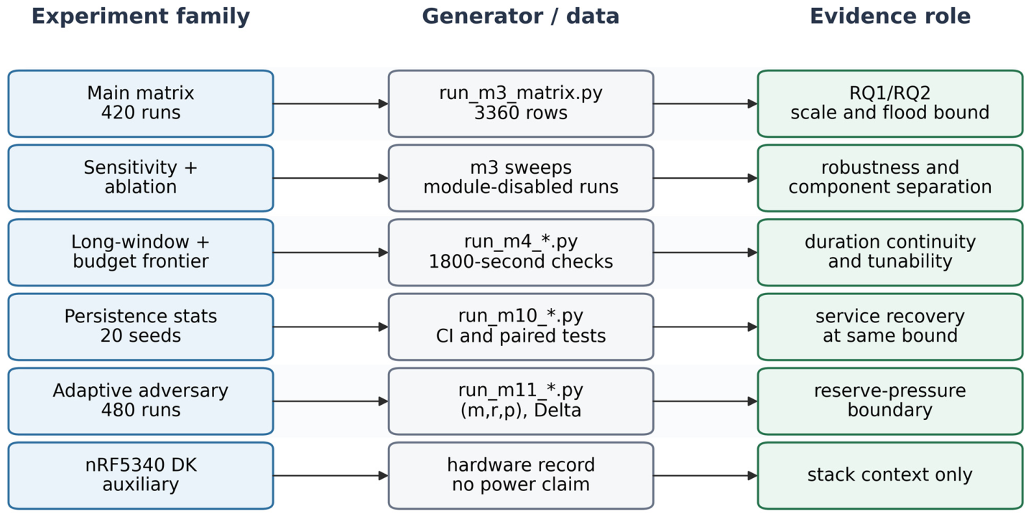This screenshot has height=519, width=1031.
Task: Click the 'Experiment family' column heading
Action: (x=140, y=17)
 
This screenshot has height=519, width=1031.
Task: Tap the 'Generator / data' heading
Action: (x=521, y=17)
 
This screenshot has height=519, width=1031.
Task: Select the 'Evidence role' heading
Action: (x=890, y=17)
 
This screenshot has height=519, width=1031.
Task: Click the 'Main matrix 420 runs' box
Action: (x=141, y=103)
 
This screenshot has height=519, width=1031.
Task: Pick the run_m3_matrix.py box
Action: (x=521, y=103)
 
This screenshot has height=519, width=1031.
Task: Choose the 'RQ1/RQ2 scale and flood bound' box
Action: (x=890, y=103)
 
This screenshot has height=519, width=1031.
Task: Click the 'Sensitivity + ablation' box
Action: (x=141, y=178)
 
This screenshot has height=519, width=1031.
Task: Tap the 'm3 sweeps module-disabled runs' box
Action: (x=521, y=178)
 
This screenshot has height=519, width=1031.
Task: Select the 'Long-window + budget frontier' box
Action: (x=141, y=253)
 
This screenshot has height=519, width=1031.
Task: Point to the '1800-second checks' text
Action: (x=521, y=261)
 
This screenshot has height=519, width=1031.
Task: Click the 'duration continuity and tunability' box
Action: (x=890, y=253)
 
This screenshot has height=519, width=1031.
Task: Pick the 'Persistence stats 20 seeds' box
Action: (x=141, y=327)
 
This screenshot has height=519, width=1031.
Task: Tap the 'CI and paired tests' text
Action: (x=521, y=336)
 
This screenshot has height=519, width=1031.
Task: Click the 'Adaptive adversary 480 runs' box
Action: (x=141, y=401)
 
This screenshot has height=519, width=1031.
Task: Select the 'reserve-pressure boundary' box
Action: (x=890, y=401)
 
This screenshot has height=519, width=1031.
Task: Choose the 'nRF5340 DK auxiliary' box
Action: (x=141, y=476)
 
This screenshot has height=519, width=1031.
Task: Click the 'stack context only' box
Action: (x=890, y=476)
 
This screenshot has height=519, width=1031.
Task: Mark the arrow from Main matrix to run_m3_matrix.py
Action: (x=331, y=103)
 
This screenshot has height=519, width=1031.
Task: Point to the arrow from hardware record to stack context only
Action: (x=706, y=476)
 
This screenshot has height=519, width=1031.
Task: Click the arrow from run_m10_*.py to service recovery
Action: (x=706, y=327)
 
